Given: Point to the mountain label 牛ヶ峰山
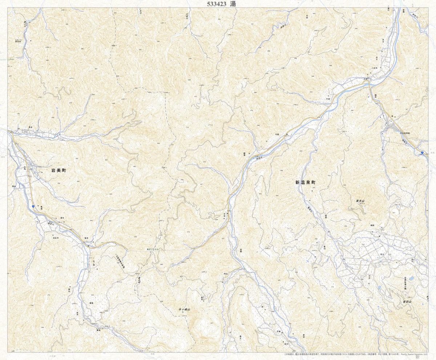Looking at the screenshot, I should coord(185,309).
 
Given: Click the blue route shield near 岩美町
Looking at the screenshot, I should coord(33,206).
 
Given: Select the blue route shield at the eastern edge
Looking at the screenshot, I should coord(422,153).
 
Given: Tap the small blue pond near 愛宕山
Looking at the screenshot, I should coord(411,279).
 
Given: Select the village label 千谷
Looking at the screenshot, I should coord(276,134).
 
